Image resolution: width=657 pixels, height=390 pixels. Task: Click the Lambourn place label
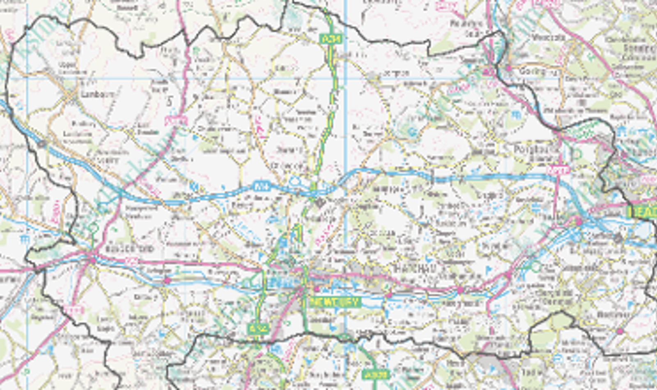tap(97, 94)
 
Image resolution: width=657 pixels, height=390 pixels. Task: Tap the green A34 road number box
tap(331, 39)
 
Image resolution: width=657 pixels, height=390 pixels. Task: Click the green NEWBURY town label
tap(335, 303)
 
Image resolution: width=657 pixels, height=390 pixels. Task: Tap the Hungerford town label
tap(129, 249)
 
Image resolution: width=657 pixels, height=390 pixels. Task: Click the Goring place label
tap(532, 71)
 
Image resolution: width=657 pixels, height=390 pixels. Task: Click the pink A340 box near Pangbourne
tap(558, 170)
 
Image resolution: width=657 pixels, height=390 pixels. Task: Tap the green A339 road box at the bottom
tap(375, 374)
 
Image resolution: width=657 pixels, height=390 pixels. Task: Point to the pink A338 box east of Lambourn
tap(176, 121)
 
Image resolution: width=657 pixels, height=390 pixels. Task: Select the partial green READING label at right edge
tap(643, 211)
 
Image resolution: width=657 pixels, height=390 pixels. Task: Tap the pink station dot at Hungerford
tap(93, 260)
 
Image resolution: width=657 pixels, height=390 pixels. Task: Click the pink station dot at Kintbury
tap(167, 280)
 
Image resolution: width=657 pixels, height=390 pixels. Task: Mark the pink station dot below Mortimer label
tap(620, 331)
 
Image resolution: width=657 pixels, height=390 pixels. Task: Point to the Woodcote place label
tap(548, 37)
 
